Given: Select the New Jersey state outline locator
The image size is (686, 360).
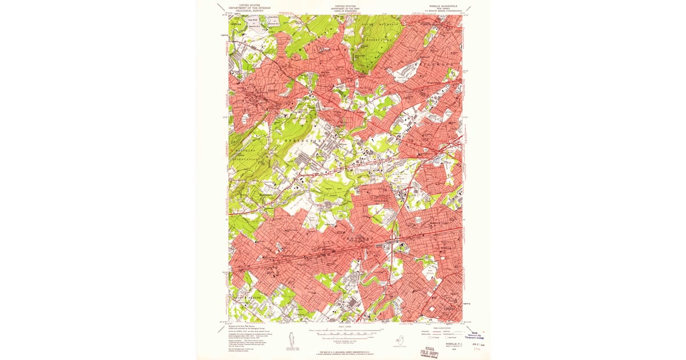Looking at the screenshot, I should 400,339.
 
